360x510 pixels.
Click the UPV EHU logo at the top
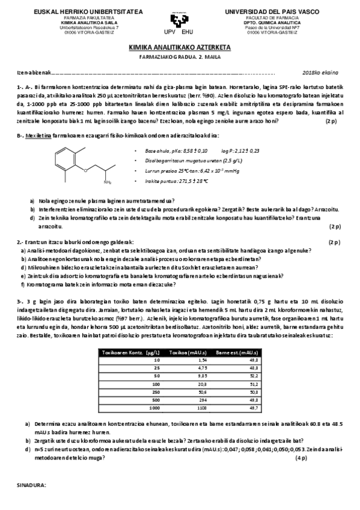pyautogui.click(x=180, y=22)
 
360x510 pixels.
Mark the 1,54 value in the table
pyautogui.click(x=203, y=358)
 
